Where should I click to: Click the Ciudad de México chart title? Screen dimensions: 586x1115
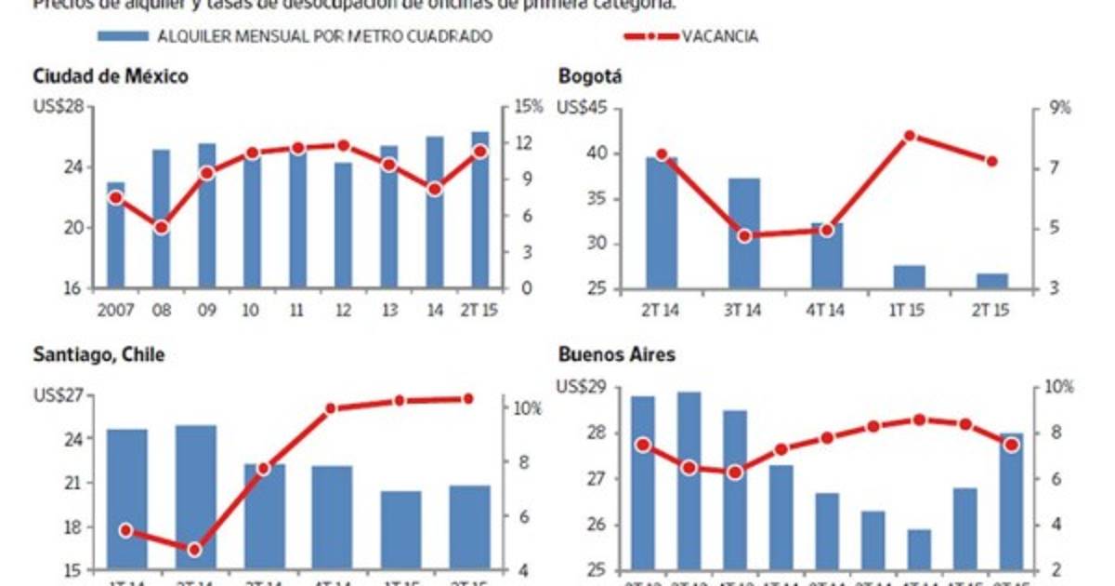click(111, 77)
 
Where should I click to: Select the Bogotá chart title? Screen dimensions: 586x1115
click(590, 77)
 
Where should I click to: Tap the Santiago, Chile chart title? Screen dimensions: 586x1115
click(98, 355)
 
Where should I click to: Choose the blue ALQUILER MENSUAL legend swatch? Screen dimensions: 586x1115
click(124, 36)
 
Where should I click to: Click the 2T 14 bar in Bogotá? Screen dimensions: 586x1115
click(662, 223)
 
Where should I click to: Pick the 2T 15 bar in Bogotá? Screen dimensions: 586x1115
click(991, 281)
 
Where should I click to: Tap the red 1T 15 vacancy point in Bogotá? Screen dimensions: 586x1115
click(910, 136)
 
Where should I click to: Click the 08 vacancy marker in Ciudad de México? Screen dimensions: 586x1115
click(162, 227)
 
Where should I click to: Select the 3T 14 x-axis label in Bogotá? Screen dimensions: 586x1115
click(743, 309)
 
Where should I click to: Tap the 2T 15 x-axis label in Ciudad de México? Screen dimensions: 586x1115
click(479, 309)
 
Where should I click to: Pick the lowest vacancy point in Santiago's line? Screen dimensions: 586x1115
click(194, 550)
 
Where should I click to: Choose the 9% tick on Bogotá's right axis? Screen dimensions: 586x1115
click(1059, 108)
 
